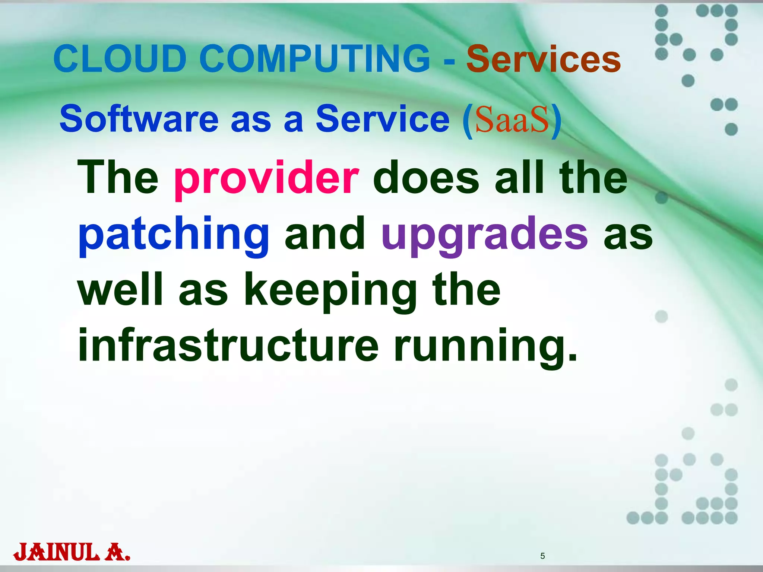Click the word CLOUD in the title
[x=120, y=59]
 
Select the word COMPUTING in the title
[x=315, y=59]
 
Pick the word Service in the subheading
[x=383, y=119]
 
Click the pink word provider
[x=266, y=178]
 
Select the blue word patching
[x=174, y=235]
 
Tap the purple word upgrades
[x=485, y=235]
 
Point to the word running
[x=485, y=346]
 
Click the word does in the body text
[x=426, y=178]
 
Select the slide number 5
[x=542, y=556]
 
